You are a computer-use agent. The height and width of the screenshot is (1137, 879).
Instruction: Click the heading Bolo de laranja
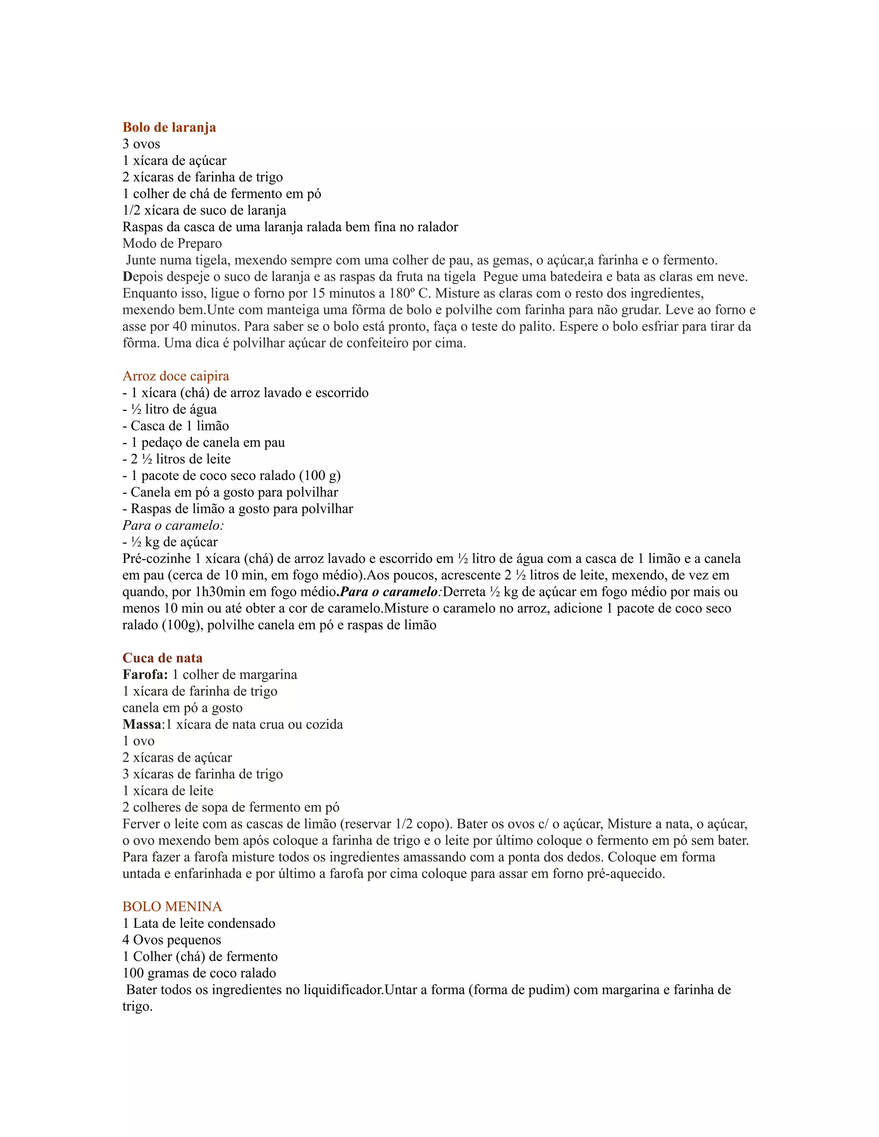(169, 127)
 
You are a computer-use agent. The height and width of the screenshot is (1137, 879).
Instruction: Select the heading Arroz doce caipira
(176, 376)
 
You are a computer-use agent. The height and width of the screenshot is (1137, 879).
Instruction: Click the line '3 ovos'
(141, 144)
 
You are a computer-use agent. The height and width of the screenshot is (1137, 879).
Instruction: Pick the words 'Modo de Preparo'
(172, 244)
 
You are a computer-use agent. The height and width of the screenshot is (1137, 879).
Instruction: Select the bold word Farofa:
(145, 675)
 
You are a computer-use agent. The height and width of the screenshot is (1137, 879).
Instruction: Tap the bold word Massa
(142, 725)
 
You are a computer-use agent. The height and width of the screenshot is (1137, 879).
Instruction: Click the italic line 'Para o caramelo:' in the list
(173, 525)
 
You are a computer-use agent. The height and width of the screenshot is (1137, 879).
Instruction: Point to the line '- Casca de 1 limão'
(176, 426)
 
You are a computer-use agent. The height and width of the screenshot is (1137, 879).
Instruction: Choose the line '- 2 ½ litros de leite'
(176, 459)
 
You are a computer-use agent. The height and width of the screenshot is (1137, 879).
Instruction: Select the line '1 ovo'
(139, 741)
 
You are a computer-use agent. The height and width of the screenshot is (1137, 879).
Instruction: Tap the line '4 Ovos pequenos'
(172, 940)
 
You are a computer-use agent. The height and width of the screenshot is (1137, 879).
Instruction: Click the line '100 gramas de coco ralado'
(200, 973)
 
